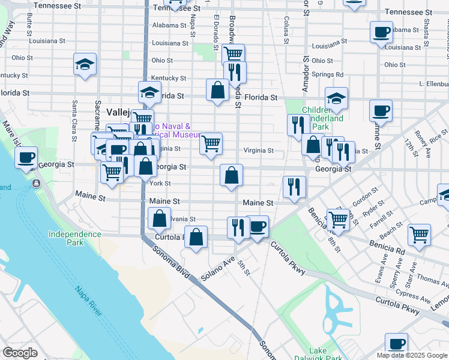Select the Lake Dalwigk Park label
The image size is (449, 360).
(309, 354)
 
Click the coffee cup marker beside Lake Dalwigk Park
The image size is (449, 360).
(396, 344)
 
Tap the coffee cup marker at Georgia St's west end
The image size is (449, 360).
(26, 158)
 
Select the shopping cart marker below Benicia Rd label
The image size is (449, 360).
(418, 235)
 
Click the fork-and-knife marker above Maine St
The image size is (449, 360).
(294, 186)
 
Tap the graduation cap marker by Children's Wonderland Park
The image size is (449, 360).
(337, 98)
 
